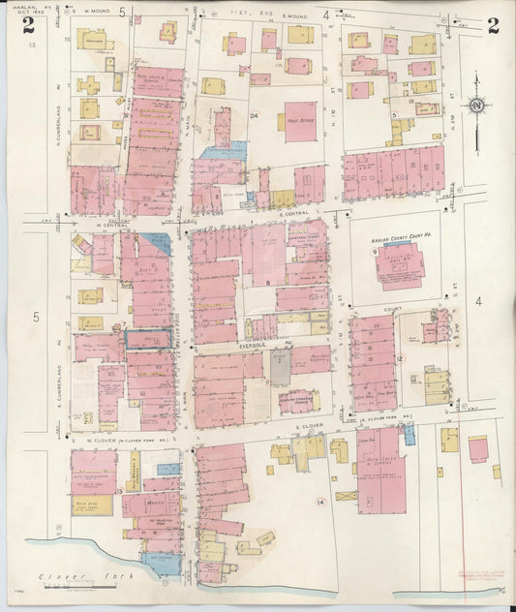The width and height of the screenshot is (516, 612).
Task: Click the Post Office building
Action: coord(300,123)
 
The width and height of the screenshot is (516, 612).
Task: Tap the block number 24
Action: coord(255,115)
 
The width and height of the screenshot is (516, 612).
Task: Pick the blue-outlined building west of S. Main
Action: coord(148,339)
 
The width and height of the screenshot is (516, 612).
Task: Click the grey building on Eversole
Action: coord(279,367)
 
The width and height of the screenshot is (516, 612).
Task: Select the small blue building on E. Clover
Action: coord(410,434)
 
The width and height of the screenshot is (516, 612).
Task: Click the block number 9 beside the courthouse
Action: coord(374,252)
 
